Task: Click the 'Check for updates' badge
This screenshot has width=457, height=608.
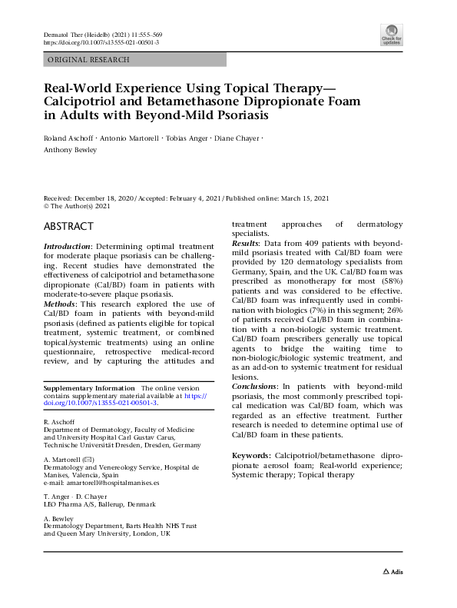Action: tap(392, 35)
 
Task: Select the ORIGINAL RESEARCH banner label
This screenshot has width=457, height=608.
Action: tap(89, 59)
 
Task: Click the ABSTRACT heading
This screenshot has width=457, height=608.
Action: tap(69, 227)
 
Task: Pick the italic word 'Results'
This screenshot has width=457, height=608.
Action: tap(247, 242)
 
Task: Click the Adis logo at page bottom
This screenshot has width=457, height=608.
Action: tap(392, 571)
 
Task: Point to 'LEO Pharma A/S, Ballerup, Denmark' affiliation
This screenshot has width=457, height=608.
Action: tap(100, 504)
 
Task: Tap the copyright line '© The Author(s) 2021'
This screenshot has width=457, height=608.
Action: tap(78, 206)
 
